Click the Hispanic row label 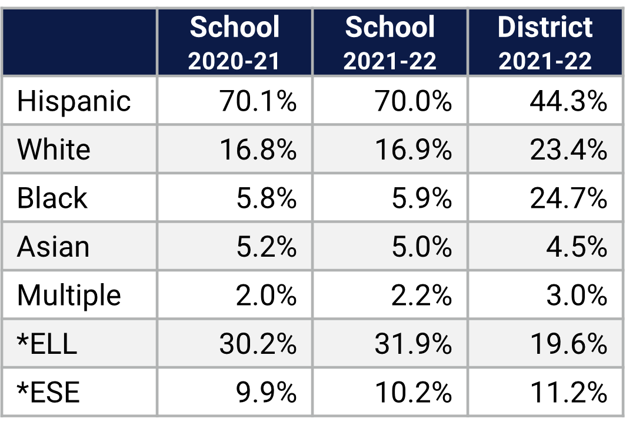74,101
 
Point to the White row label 54,150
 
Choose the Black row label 52,198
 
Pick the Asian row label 53,246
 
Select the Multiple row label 69,294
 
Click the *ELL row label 47,343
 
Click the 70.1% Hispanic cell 258,101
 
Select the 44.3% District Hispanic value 568,101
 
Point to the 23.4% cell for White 568,150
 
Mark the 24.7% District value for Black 568,198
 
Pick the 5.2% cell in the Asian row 266,246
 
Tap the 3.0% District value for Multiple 576,294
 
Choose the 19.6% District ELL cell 568,343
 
